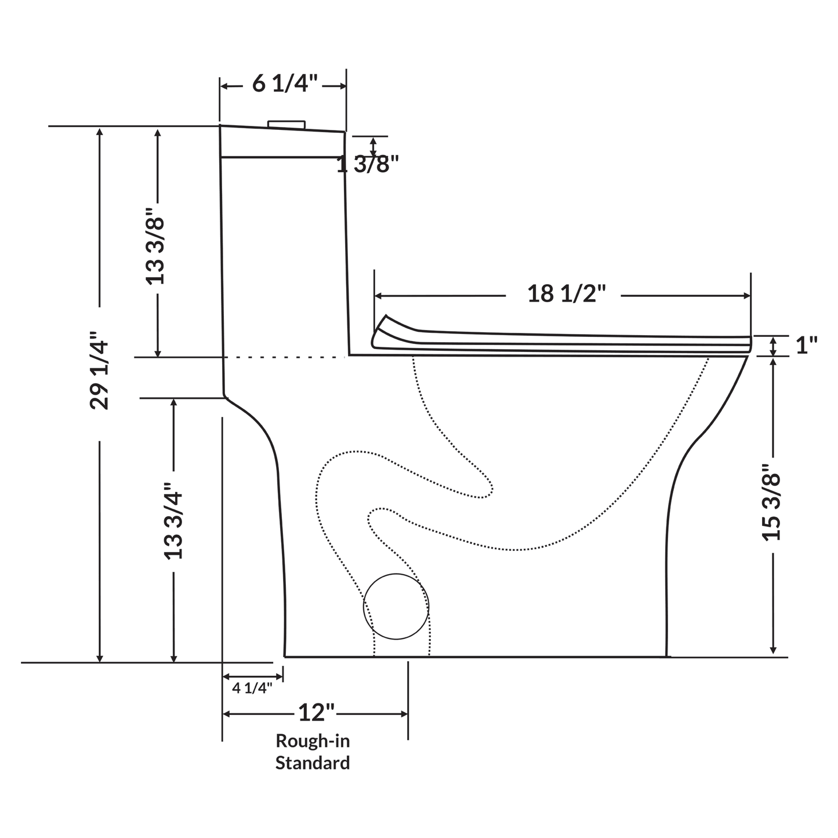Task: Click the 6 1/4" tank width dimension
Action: pos(285,85)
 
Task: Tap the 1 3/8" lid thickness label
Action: pos(368,165)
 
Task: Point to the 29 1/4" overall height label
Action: pos(100,371)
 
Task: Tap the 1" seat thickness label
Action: pos(806,346)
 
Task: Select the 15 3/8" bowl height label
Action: pos(771,502)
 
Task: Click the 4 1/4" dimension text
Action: pos(252,688)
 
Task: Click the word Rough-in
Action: pos(313,741)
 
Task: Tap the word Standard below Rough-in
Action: pos(313,763)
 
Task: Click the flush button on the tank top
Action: pos(286,124)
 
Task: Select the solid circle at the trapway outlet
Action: pos(396,607)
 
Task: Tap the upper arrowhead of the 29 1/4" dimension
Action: pos(100,132)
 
